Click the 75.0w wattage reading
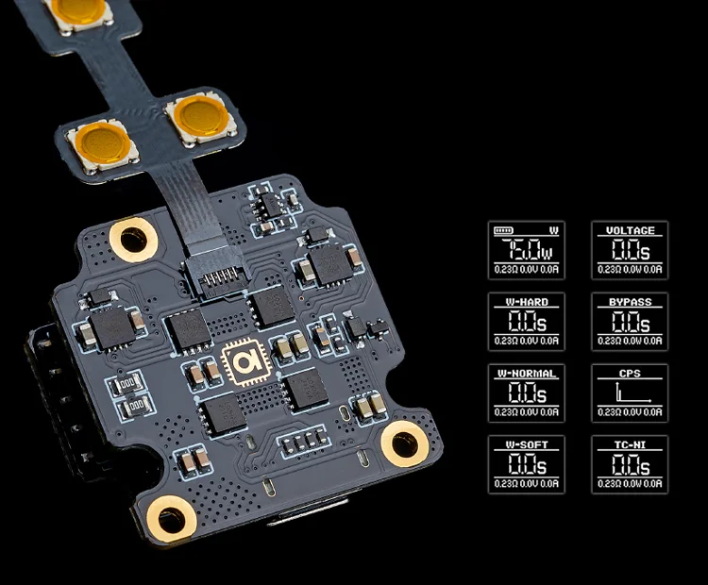[526, 250]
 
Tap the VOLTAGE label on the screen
[630, 230]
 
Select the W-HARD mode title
[526, 302]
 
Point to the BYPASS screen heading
[630, 302]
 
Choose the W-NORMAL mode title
[526, 374]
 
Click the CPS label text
[630, 374]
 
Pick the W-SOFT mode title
[526, 444]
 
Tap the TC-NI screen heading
[630, 444]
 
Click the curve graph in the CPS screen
[629, 393]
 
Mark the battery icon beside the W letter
[504, 230]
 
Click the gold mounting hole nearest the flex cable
[133, 238]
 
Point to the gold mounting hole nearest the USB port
[173, 517]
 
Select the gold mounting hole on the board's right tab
[404, 441]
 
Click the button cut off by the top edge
[79, 9]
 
